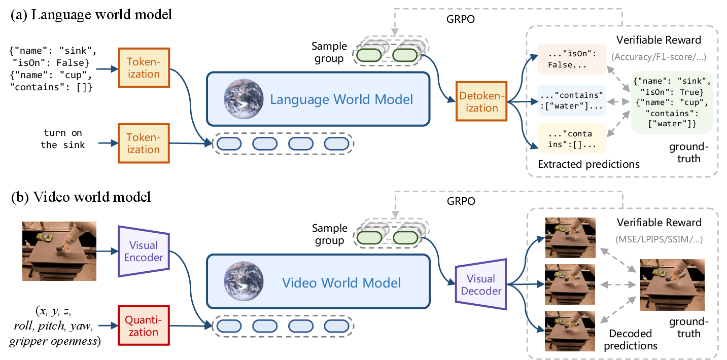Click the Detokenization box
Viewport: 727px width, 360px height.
[481, 101]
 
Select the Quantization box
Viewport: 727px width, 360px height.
[144, 326]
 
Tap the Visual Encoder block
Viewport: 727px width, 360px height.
[144, 251]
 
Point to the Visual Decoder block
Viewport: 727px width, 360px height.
[481, 284]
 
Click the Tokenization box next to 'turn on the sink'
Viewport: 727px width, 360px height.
[144, 143]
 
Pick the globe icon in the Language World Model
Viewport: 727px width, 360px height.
[244, 99]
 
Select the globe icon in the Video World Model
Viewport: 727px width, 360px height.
[244, 281]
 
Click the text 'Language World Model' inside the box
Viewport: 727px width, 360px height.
[341, 99]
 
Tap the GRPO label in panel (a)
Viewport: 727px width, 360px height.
[460, 19]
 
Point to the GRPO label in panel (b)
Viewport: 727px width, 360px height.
[461, 201]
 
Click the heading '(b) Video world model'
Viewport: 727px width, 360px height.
[81, 197]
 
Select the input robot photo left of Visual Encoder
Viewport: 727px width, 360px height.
[59, 251]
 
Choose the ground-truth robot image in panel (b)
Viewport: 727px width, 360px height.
[672, 285]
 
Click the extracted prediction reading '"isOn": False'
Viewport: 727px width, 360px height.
[572, 59]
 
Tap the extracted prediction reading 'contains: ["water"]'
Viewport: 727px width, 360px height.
[572, 100]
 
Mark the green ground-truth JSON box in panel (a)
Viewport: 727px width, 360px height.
[672, 102]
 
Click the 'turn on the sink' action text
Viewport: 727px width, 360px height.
[62, 139]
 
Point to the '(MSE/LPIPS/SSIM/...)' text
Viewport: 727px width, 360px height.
[659, 239]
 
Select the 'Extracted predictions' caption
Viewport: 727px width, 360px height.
[588, 164]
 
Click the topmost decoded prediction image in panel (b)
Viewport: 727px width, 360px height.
[570, 238]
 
